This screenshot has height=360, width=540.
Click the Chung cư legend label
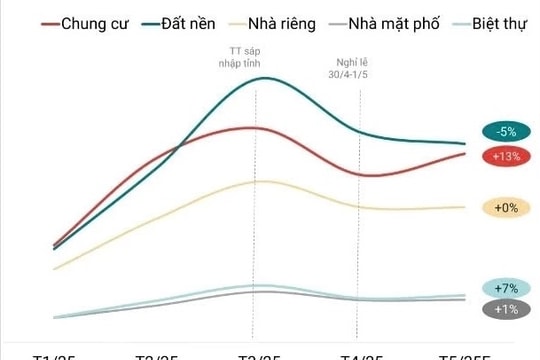(97, 22)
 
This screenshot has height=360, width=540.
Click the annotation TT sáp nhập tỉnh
(254, 57)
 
